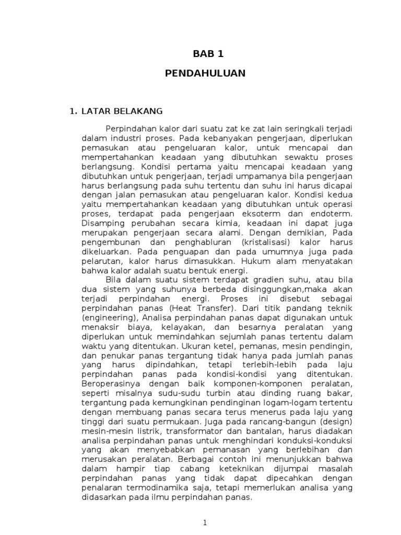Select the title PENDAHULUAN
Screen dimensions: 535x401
tap(205, 73)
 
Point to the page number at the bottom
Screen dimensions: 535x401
tap(205, 523)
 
